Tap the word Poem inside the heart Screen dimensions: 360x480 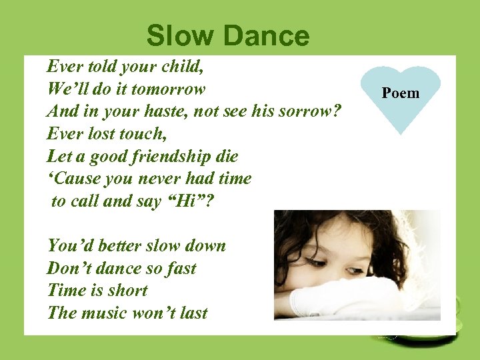(401, 93)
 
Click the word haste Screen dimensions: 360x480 (161, 111)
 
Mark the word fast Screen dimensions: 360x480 (179, 268)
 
